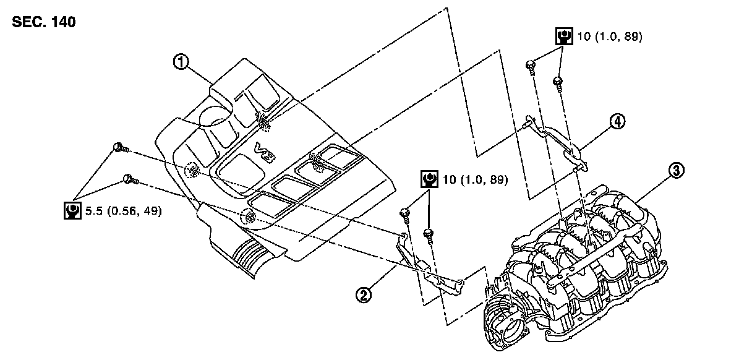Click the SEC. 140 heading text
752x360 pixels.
click(x=43, y=22)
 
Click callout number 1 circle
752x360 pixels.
click(x=180, y=62)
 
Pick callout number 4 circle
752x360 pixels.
click(x=617, y=121)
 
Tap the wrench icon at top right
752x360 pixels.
click(x=563, y=36)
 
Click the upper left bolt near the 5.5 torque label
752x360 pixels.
click(x=119, y=147)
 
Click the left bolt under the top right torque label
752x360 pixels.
click(x=531, y=66)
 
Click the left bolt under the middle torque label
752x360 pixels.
click(x=406, y=213)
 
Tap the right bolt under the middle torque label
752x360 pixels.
click(x=427, y=234)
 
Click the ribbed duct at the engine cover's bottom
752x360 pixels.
click(x=250, y=254)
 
